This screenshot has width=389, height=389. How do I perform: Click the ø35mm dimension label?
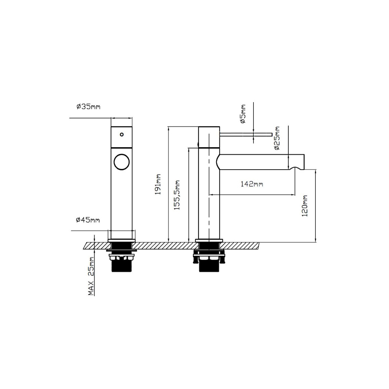coord(88,106)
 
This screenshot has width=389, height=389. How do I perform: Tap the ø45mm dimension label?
coord(88,220)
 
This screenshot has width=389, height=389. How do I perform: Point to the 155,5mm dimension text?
coord(177,195)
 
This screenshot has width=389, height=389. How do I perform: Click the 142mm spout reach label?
coord(252,184)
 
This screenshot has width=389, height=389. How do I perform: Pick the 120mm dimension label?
coord(305,206)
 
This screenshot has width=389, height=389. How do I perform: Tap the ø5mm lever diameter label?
coord(243,114)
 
